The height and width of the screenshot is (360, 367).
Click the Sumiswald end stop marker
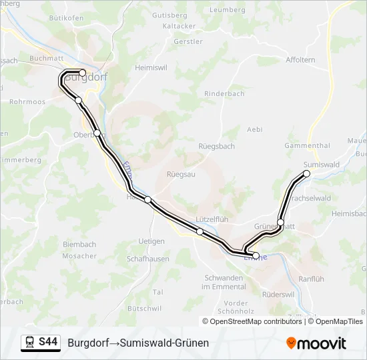click(x=307, y=173)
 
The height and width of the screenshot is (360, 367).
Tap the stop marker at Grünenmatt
click(x=281, y=223)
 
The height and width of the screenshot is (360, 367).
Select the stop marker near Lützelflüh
click(x=200, y=231)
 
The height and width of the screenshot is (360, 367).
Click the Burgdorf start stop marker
click(x=82, y=73)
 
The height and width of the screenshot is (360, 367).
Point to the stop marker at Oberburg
click(x=97, y=133)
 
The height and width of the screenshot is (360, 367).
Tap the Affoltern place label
click(x=300, y=60)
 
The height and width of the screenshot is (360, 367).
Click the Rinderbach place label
click(x=224, y=94)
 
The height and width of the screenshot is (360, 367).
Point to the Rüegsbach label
click(x=216, y=146)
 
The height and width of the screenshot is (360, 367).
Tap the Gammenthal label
click(x=307, y=145)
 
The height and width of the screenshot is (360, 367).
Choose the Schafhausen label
click(x=148, y=259)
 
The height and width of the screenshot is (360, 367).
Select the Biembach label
click(x=79, y=245)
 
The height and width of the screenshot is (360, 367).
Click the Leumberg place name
click(x=228, y=10)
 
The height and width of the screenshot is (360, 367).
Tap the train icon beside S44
click(x=30, y=343)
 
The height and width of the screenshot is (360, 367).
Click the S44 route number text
click(x=48, y=343)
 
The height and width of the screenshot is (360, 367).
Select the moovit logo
click(x=316, y=343)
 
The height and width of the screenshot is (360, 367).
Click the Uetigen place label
click(x=151, y=241)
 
